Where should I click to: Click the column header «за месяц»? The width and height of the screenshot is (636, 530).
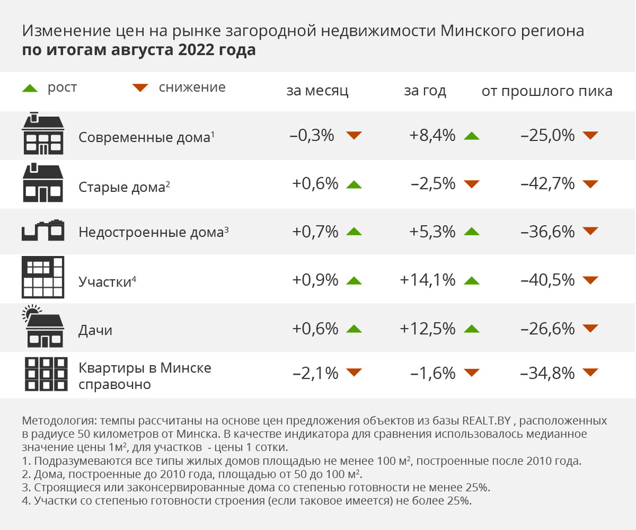pos(317,91)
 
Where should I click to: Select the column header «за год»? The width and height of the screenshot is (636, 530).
pos(425,91)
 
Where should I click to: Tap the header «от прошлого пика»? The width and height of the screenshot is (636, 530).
pos(547,91)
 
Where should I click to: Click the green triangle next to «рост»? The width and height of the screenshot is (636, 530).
pos(29,88)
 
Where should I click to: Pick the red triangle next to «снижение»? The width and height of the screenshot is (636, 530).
pos(140,88)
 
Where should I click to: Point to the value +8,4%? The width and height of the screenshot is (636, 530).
pos(432,136)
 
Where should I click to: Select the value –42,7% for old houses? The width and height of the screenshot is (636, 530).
pos(548,184)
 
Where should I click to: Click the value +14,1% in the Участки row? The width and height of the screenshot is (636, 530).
pos(428,280)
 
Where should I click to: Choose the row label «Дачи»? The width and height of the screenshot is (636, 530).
pos(95,331)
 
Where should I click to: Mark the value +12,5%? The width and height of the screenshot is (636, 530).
pos(428,329)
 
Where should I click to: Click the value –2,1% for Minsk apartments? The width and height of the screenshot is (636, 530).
pos(315,373)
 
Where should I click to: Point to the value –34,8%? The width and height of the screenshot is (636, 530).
pos(548,373)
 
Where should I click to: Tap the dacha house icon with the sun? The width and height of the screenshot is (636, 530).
pos(42,327)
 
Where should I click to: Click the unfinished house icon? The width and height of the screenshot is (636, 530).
pos(42,230)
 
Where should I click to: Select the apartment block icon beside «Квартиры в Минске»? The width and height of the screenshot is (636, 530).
pos(42,374)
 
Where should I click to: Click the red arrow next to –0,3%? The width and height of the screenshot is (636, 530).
pos(354,136)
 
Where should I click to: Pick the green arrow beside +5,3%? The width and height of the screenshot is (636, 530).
pos(472,232)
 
